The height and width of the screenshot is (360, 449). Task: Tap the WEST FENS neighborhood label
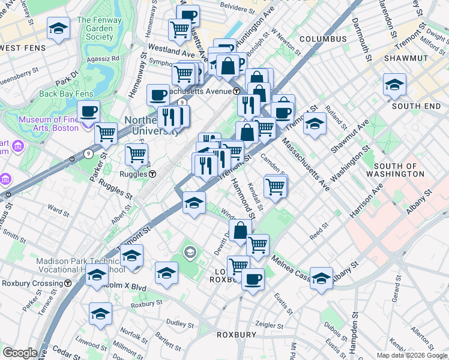click(x=25, y=48)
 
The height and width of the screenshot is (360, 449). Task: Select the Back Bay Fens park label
click(x=66, y=94)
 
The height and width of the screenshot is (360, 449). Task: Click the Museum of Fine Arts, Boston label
click(x=49, y=124)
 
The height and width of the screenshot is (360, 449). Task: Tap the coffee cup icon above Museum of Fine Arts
click(x=88, y=111)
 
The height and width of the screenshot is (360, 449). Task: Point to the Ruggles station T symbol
click(x=152, y=174)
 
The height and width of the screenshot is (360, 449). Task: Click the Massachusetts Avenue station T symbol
click(x=237, y=91)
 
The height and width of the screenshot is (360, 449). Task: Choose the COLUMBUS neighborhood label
click(x=323, y=39)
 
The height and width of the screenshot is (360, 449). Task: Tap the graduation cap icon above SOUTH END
click(x=394, y=85)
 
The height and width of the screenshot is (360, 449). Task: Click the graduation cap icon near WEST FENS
click(x=58, y=29)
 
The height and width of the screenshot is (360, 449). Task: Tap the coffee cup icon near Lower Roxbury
click(x=253, y=279)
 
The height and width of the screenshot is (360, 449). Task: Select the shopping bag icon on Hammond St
click(x=240, y=230)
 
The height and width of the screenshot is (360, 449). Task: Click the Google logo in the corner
click(x=20, y=353)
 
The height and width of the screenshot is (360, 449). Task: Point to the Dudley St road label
click(x=177, y=323)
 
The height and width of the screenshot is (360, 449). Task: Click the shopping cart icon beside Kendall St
click(x=276, y=186)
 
